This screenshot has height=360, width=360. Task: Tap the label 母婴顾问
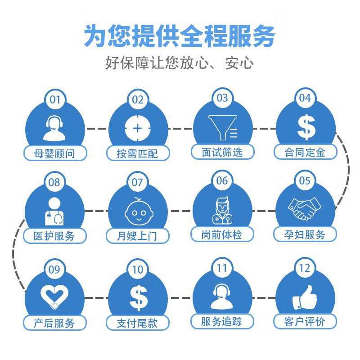[x=54, y=153]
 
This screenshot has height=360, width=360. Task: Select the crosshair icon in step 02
[x=137, y=128]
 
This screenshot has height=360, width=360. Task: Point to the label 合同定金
[x=305, y=152]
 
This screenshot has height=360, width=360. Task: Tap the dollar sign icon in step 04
[x=306, y=127]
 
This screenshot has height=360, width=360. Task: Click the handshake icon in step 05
[x=305, y=208]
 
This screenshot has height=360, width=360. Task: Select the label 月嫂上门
[x=137, y=235]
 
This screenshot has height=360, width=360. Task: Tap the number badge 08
[x=54, y=182]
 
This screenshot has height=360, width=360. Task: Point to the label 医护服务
[x=54, y=235]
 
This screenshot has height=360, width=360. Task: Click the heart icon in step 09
[x=54, y=297]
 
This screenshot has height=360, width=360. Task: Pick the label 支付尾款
[x=137, y=323]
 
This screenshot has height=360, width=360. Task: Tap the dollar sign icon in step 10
[x=138, y=297]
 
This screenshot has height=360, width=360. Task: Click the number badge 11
[x=222, y=269]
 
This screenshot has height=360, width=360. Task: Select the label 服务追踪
[x=222, y=321]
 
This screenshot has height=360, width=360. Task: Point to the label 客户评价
[x=305, y=321]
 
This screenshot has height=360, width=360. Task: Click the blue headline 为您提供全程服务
[x=180, y=36]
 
